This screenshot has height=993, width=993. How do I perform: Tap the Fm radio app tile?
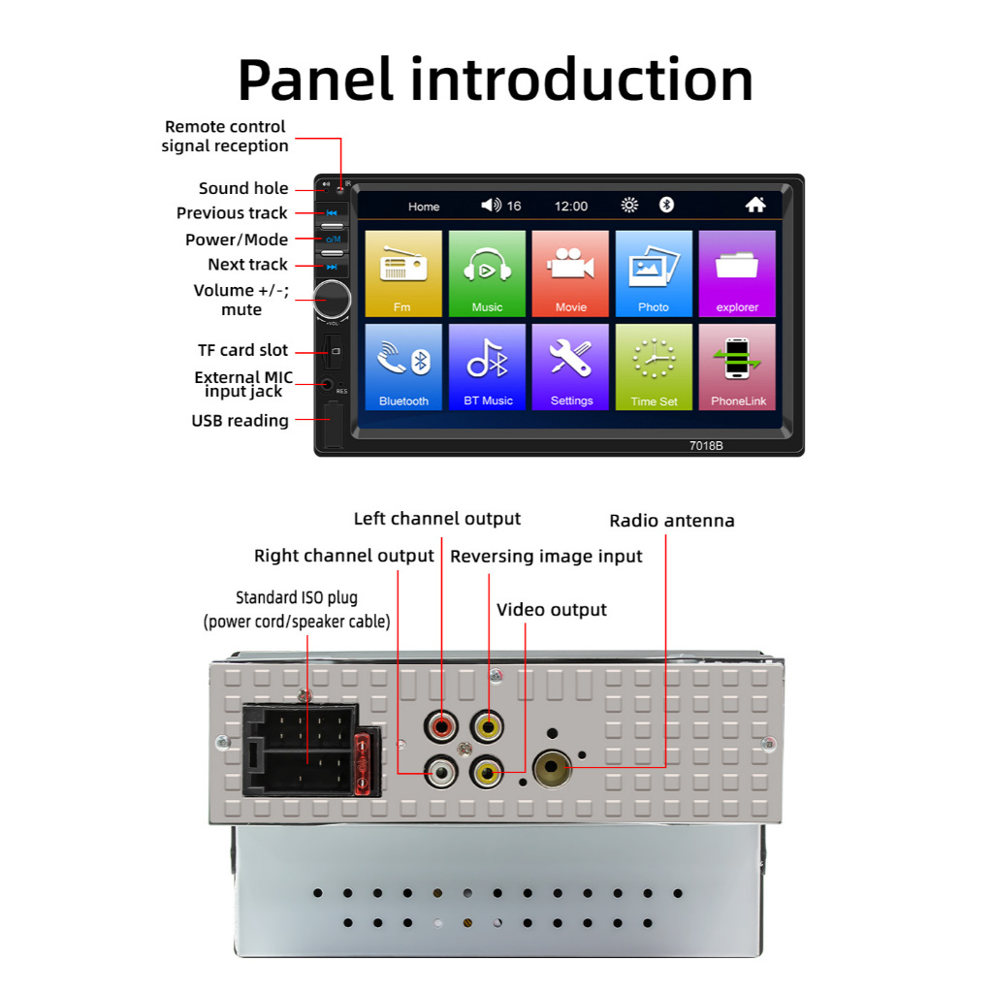pos(402,272)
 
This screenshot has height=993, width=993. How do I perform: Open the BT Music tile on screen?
pos(487,366)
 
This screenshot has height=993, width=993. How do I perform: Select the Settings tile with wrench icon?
pos(570,366)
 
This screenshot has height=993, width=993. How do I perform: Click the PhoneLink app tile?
pos(737,366)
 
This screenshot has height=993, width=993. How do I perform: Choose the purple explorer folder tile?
pos(737,272)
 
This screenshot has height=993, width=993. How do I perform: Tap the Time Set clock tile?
pos(654,366)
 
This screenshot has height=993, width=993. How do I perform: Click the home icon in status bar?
pos(755,205)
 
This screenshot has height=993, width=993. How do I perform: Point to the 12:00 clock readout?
pos(570,206)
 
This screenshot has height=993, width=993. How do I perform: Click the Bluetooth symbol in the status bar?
pos(666,205)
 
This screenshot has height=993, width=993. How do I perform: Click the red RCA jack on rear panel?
pos(442,723)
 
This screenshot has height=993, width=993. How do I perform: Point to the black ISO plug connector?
pos(299,749)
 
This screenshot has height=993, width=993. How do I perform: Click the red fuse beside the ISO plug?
pos(366,763)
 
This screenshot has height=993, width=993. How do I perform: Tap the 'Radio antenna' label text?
pos(672,521)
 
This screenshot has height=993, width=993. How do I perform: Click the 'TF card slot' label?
pos(242,350)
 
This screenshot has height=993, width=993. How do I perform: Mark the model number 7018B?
pos(706,446)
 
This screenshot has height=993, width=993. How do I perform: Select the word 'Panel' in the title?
pos(316,80)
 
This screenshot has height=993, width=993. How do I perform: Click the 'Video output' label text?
pos(552,610)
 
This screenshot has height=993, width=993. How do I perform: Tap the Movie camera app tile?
pos(570,272)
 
